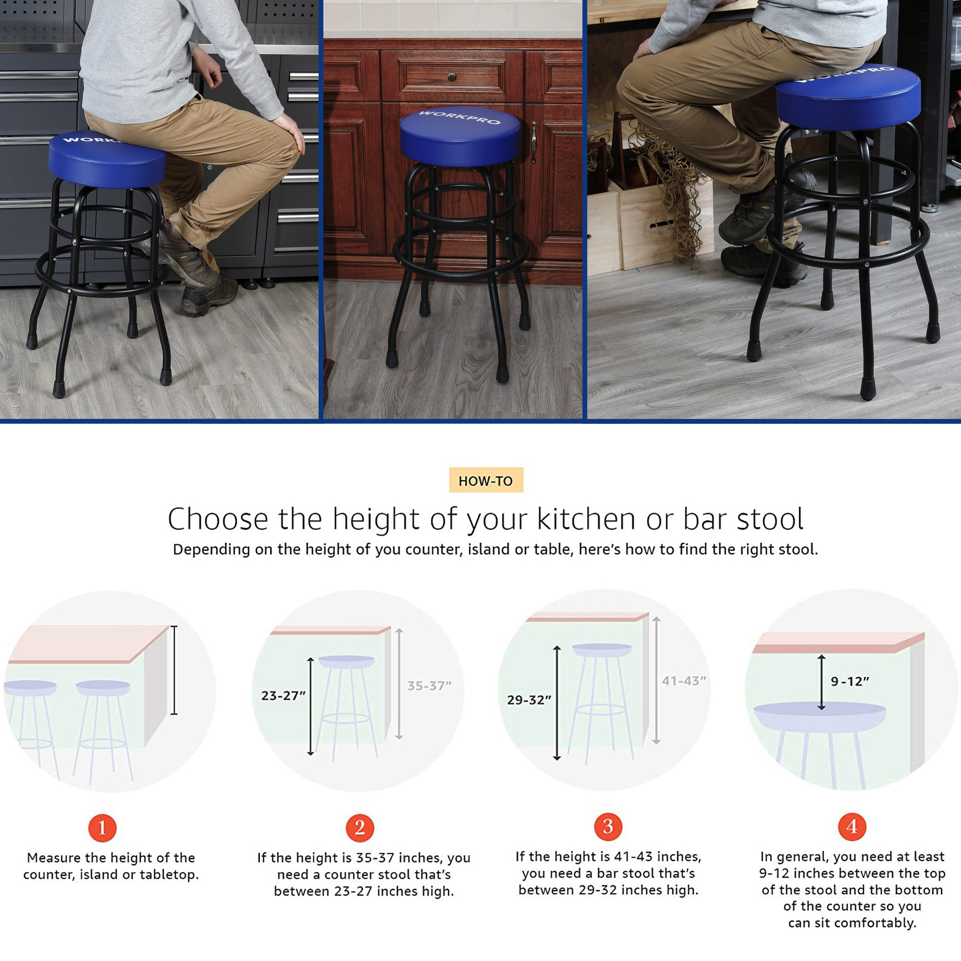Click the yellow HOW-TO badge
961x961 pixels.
coord(486,480)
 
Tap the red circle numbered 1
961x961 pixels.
coord(102,828)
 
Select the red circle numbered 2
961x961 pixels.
coord(359,828)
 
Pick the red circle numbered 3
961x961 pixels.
coord(608,826)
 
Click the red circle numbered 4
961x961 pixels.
coord(852,826)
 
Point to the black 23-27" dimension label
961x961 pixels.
coord(283,695)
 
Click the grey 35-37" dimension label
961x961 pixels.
coord(429,686)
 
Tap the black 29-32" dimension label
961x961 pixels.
coord(529,700)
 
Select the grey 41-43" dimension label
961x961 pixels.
coord(683,680)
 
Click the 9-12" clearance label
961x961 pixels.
coord(850,681)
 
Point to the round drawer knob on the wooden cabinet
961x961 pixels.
coord(452,76)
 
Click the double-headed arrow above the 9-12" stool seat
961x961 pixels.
coord(821,682)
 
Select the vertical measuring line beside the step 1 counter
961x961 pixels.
coord(174,670)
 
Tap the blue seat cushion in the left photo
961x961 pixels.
coord(108,159)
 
